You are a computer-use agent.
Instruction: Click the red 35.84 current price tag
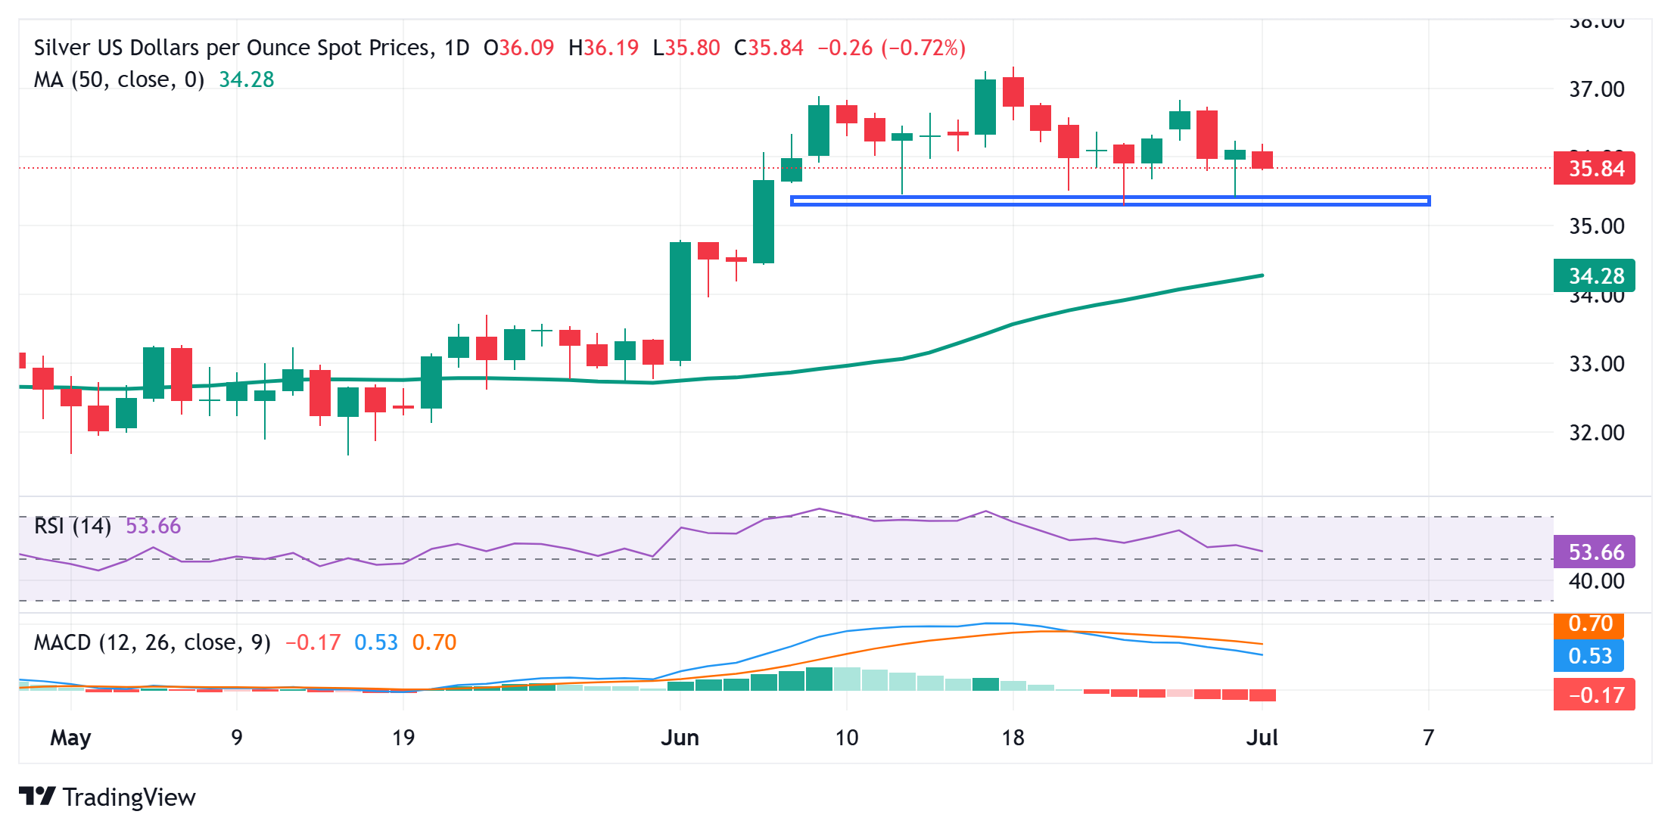(x=1594, y=168)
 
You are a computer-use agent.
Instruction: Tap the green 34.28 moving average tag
(x=1594, y=275)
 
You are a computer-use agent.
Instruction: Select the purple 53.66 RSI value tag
(x=1594, y=552)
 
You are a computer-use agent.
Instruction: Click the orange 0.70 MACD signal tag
(x=1589, y=624)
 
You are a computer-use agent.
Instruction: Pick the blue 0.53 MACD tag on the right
(x=1589, y=655)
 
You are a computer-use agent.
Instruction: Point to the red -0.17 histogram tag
(x=1594, y=695)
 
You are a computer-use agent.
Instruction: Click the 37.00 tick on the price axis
(x=1596, y=89)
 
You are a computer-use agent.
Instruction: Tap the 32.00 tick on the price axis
(x=1596, y=433)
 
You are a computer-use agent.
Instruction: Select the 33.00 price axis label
(x=1596, y=364)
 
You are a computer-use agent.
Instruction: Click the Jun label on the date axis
(x=680, y=738)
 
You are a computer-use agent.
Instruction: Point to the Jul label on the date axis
(x=1262, y=738)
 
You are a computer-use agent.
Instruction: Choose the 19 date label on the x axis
(x=403, y=738)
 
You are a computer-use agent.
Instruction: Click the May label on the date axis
(x=70, y=738)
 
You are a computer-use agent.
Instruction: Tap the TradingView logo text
(x=129, y=797)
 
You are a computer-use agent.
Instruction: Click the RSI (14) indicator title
(x=73, y=526)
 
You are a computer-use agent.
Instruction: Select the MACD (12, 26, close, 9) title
(x=152, y=642)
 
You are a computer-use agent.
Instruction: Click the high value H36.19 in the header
(x=603, y=48)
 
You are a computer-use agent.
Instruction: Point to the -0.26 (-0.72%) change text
(x=891, y=48)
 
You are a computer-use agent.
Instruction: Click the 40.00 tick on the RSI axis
(x=1596, y=581)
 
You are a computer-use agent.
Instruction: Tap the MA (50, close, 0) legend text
(x=119, y=79)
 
